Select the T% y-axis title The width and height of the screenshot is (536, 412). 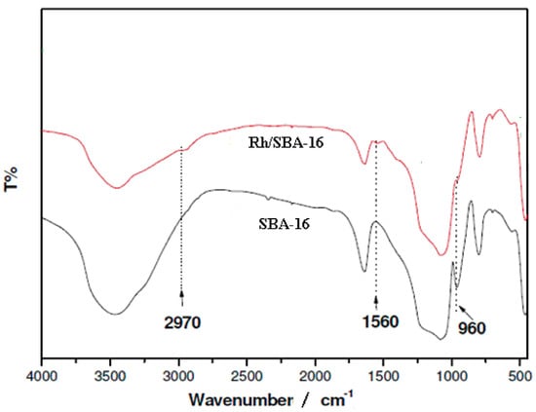click(x=13, y=181)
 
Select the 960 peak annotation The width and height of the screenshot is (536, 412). click(x=468, y=328)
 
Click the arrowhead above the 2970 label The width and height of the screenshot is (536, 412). click(x=181, y=293)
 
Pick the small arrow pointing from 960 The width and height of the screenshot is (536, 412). click(x=460, y=308)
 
